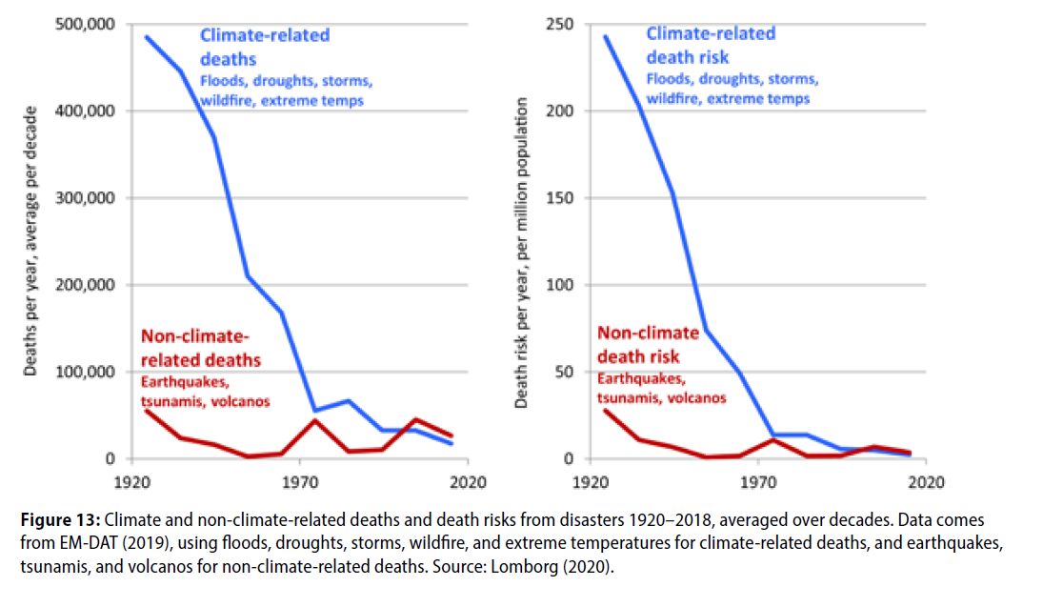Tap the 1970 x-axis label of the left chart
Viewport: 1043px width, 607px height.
[299, 481]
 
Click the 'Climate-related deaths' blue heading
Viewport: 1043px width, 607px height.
[264, 47]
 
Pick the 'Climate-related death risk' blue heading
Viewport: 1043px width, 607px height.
[711, 45]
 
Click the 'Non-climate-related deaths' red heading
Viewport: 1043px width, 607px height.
[200, 348]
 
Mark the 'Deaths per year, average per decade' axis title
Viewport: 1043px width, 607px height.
[31, 241]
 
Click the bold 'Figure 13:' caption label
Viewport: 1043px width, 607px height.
[60, 521]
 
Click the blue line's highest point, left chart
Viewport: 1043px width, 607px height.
[148, 37]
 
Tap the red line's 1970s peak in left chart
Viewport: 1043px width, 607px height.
[315, 420]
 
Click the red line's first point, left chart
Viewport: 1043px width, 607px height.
[148, 411]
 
